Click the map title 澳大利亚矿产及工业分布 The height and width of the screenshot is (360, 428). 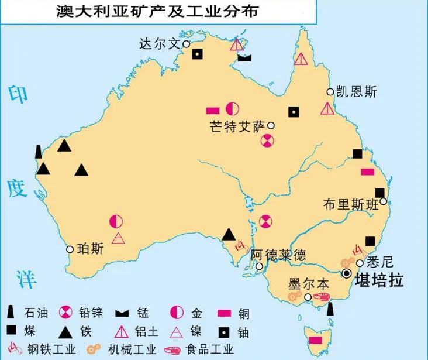(158, 11)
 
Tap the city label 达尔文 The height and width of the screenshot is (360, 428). (160, 44)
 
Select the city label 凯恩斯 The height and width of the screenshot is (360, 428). (356, 92)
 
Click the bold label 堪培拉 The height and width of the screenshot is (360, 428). (379, 278)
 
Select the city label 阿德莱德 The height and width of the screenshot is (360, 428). (278, 255)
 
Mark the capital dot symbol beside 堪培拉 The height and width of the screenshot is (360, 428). (347, 274)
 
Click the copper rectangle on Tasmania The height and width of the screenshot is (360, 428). (315, 340)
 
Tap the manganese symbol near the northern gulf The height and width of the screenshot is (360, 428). (245, 58)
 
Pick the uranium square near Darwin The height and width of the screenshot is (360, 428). (198, 54)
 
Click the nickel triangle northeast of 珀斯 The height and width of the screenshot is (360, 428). (118, 238)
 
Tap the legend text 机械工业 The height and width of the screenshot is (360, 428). (134, 351)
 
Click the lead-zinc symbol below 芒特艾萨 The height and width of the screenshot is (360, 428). (267, 140)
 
